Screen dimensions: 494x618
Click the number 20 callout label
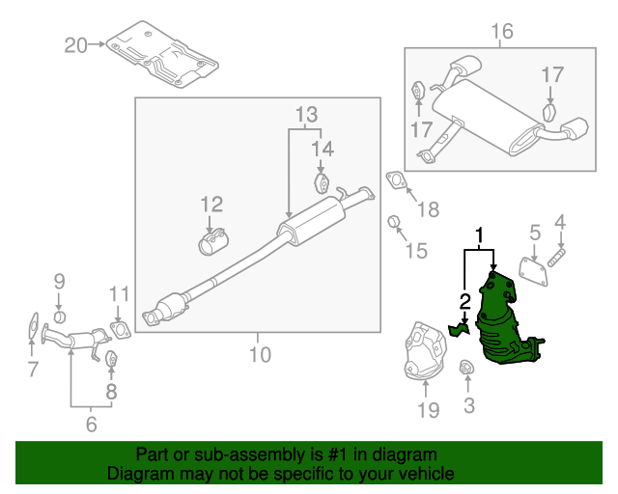[75, 44]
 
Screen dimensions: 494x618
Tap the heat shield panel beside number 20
[162, 55]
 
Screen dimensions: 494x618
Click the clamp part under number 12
[213, 242]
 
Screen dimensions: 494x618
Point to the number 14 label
[322, 148]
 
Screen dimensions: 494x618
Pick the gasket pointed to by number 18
[396, 181]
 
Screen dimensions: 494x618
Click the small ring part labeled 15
[394, 224]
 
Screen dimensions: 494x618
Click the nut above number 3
[466, 368]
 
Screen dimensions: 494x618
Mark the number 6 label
[90, 423]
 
